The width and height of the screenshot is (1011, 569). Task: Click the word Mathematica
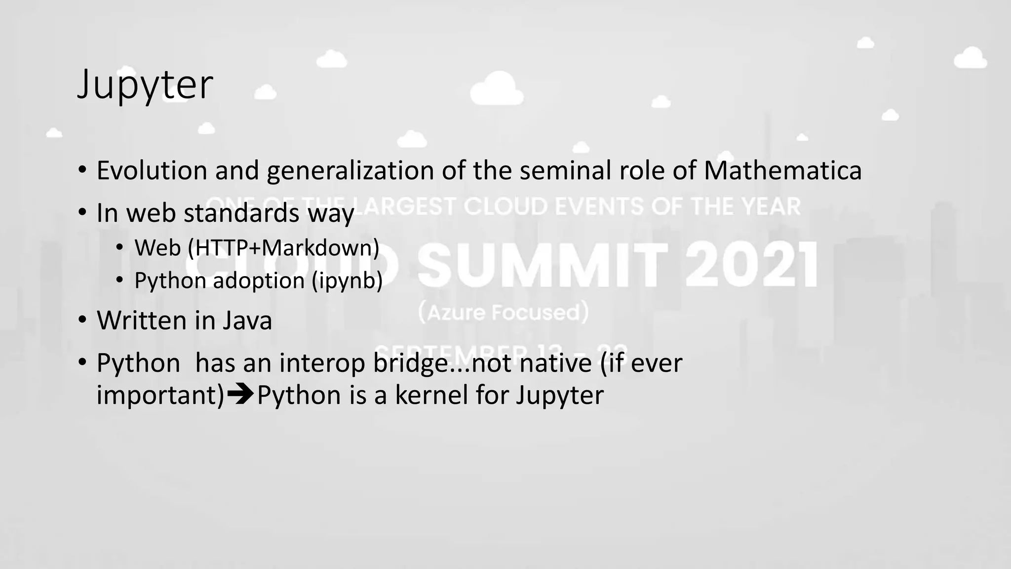pyautogui.click(x=782, y=170)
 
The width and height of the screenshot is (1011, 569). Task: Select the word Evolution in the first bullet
pyautogui.click(x=152, y=170)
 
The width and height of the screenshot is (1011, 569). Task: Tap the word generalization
pyautogui.click(x=350, y=171)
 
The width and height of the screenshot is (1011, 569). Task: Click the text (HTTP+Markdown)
pyautogui.click(x=283, y=247)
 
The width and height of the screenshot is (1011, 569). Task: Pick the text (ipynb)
pyautogui.click(x=347, y=281)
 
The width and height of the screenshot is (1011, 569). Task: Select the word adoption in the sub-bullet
pyautogui.click(x=259, y=281)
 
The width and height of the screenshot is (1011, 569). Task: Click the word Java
pyautogui.click(x=247, y=320)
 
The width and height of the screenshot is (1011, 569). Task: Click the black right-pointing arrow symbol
pyautogui.click(x=241, y=395)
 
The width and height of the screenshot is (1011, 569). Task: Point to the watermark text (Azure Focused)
pyautogui.click(x=504, y=313)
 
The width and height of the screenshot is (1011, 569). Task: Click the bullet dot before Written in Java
pyautogui.click(x=82, y=320)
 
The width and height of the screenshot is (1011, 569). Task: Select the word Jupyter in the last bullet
pyautogui.click(x=559, y=395)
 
